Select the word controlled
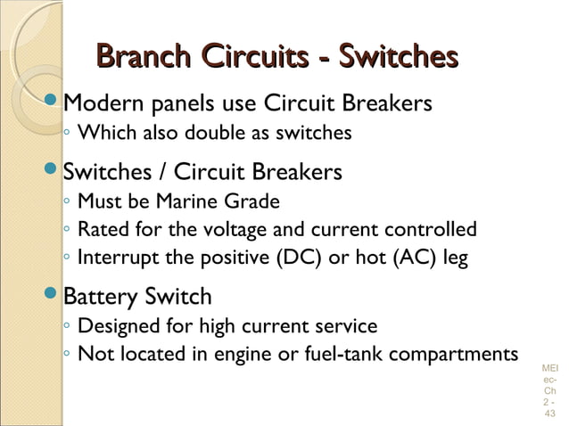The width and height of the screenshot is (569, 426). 432,230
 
